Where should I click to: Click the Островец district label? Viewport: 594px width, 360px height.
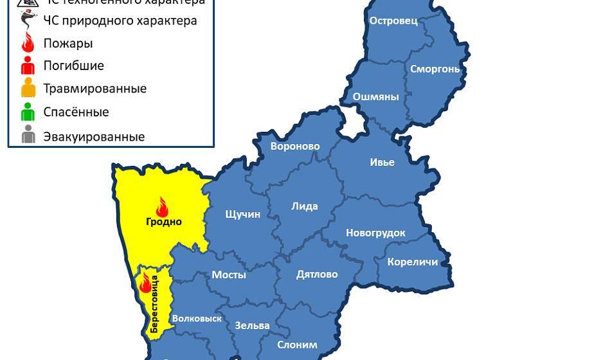pyautogui.click(x=393, y=21)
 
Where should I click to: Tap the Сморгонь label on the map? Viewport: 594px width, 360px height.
pyautogui.click(x=435, y=69)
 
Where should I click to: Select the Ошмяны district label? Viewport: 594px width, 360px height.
pyautogui.click(x=375, y=97)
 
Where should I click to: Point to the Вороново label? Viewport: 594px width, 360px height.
pyautogui.click(x=295, y=147)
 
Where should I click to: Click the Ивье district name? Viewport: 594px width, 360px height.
pyautogui.click(x=382, y=162)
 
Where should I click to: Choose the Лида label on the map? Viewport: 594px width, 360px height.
pyautogui.click(x=305, y=206)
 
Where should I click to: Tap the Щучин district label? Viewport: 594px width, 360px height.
pyautogui.click(x=242, y=214)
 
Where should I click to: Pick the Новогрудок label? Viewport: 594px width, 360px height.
pyautogui.click(x=375, y=233)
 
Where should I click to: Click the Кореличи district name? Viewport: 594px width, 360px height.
pyautogui.click(x=412, y=262)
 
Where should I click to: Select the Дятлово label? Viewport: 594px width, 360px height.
pyautogui.click(x=317, y=274)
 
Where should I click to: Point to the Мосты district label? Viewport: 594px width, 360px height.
pyautogui.click(x=229, y=275)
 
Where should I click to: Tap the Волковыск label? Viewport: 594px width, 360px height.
pyautogui.click(x=197, y=318)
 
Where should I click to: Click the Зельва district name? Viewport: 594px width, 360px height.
pyautogui.click(x=252, y=325)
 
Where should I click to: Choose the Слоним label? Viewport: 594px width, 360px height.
pyautogui.click(x=297, y=345)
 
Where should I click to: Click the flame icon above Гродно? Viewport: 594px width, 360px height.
pyautogui.click(x=162, y=207)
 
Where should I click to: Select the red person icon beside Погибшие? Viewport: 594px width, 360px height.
pyautogui.click(x=28, y=65)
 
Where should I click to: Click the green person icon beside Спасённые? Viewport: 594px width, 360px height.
pyautogui.click(x=28, y=113)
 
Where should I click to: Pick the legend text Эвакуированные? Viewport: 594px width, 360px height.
pyautogui.click(x=94, y=137)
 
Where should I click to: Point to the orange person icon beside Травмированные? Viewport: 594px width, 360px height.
pyautogui.click(x=28, y=88)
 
